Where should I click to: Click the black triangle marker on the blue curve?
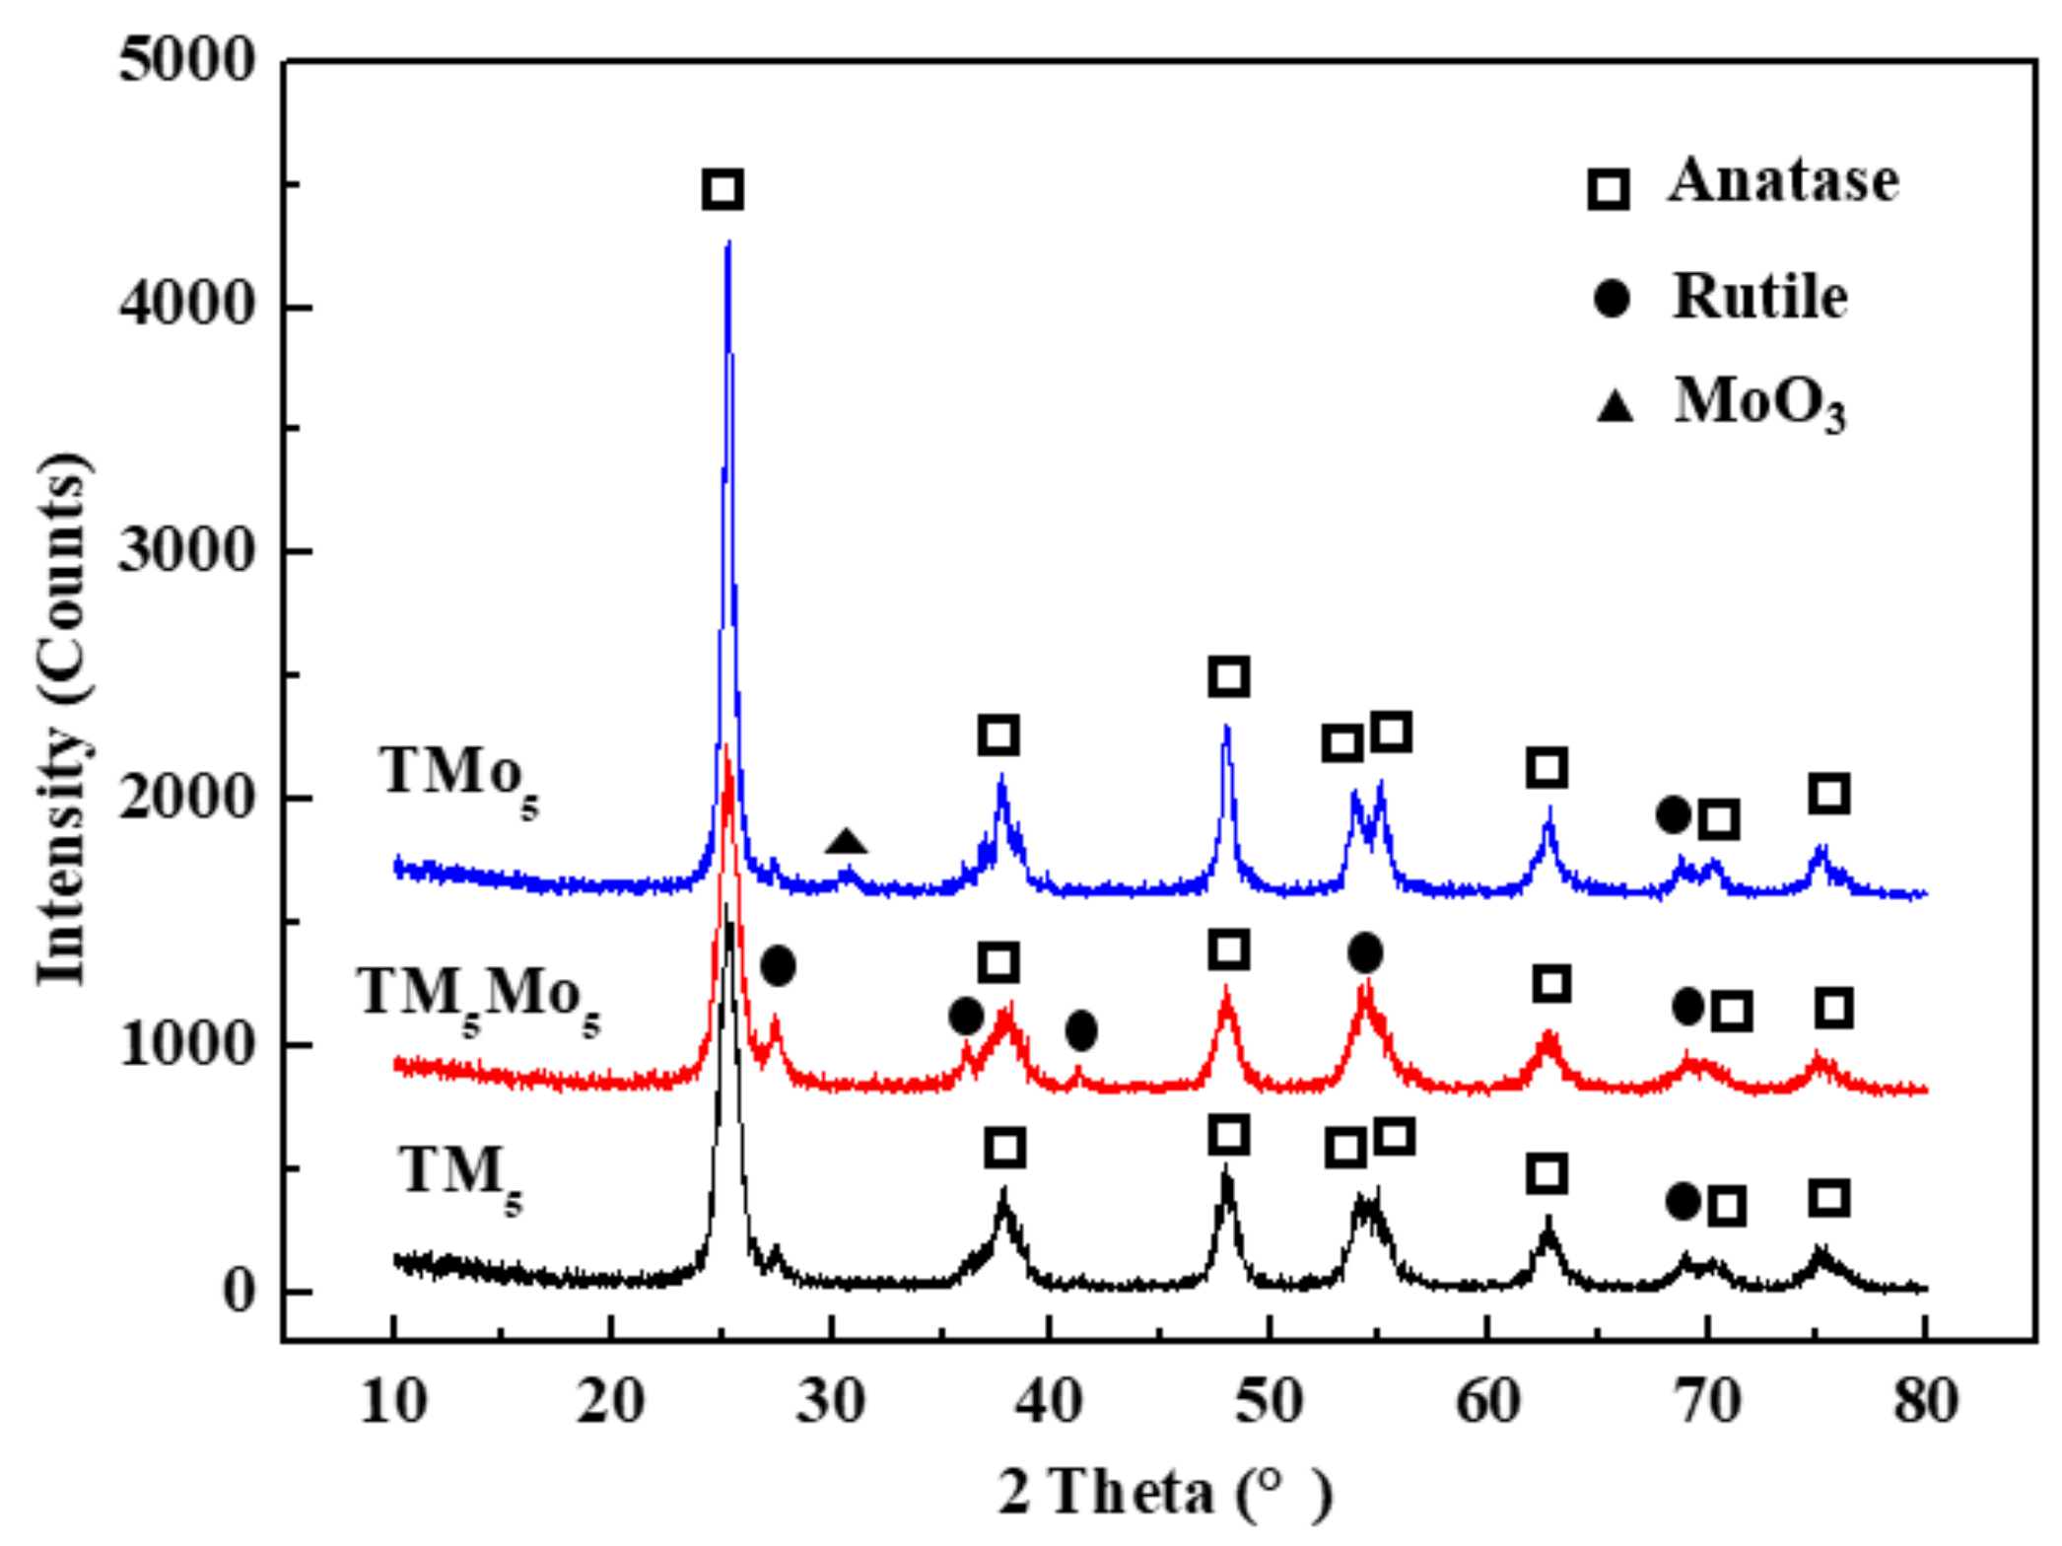pyautogui.click(x=846, y=842)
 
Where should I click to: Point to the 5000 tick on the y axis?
pyautogui.click(x=186, y=60)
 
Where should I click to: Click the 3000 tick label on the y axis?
pyautogui.click(x=186, y=550)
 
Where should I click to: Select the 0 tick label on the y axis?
pyautogui.click(x=239, y=1290)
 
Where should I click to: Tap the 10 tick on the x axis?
pyautogui.click(x=393, y=1401)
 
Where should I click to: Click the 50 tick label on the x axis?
pyautogui.click(x=1269, y=1401)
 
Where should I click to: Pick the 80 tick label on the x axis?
pyautogui.click(x=1925, y=1401)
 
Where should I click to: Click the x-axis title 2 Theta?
pyautogui.click(x=1163, y=1492)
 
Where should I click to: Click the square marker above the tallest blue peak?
pyautogui.click(x=722, y=189)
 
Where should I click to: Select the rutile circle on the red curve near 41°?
pyautogui.click(x=1081, y=1030)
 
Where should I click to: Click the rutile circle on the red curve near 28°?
pyautogui.click(x=778, y=965)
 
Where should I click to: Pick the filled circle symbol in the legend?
pyautogui.click(x=1611, y=298)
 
